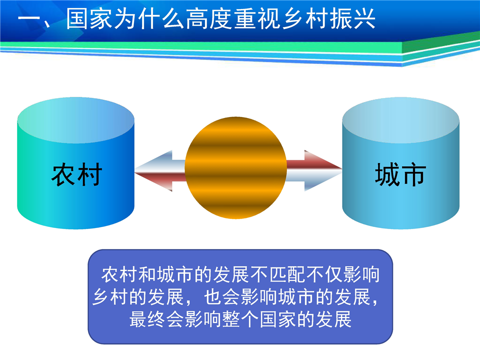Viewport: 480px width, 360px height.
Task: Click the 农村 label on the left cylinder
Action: (76, 174)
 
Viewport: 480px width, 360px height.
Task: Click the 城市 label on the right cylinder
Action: (400, 174)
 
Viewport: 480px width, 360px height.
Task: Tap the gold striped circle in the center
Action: (235, 168)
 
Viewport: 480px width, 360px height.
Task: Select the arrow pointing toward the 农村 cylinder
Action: (160, 171)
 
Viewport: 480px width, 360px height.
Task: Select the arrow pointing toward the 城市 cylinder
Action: (314, 171)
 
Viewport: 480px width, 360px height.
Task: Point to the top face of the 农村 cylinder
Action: (76, 120)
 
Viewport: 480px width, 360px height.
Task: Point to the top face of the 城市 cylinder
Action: (400, 120)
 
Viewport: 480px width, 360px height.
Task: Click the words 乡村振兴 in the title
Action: (328, 18)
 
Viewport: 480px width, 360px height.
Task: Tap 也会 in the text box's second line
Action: (222, 297)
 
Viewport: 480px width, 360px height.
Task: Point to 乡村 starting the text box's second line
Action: (110, 297)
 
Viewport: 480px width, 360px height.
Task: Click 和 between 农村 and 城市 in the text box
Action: (147, 274)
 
